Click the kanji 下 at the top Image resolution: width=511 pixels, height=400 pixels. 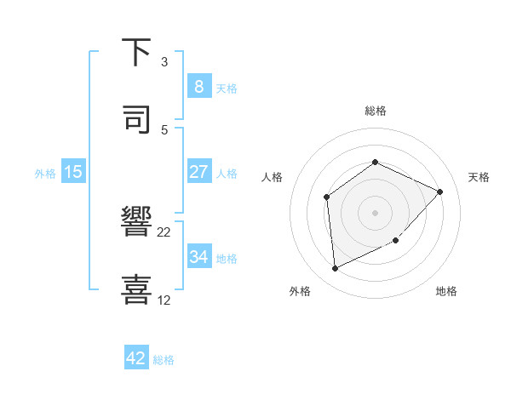[137, 52]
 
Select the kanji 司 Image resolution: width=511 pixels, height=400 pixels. [137, 120]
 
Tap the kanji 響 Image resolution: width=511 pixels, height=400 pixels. [137, 222]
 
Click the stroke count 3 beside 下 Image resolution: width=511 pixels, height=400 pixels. [164, 61]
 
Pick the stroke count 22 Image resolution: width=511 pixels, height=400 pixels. [164, 231]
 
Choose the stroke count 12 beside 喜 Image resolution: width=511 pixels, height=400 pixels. [164, 300]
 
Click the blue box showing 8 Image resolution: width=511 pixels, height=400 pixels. [198, 86]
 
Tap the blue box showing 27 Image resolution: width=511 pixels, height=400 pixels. [198, 171]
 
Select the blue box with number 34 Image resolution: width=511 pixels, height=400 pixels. [198, 256]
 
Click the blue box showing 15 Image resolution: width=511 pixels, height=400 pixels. [73, 172]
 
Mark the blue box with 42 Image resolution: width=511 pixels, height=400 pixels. [136, 358]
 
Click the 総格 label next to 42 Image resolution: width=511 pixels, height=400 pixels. [164, 360]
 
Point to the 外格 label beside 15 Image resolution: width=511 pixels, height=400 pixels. [45, 173]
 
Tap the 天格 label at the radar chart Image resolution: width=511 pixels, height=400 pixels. [479, 177]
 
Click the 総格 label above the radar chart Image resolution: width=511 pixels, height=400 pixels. [375, 111]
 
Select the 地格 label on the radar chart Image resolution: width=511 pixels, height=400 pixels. [446, 291]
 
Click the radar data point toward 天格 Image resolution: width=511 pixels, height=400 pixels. [440, 191]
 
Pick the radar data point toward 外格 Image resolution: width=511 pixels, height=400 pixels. [335, 269]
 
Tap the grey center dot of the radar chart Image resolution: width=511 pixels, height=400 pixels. [375, 213]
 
